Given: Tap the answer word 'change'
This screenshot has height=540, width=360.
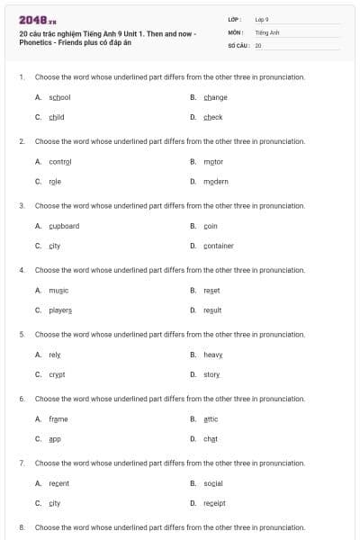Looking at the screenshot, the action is pyautogui.click(x=215, y=97).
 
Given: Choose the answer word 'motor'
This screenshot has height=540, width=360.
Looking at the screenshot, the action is pyautogui.click(x=213, y=162).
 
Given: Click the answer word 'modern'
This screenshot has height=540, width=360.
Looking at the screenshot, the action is pyautogui.click(x=216, y=181).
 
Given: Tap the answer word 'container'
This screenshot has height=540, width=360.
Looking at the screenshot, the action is pyautogui.click(x=219, y=246).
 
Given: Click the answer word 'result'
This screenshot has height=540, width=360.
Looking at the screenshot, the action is pyautogui.click(x=212, y=310).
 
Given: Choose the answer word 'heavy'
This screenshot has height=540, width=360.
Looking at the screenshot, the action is pyautogui.click(x=213, y=355).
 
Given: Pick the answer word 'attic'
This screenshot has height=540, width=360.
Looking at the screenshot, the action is pyautogui.click(x=211, y=418).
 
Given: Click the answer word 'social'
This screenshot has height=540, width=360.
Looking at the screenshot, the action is pyautogui.click(x=213, y=483).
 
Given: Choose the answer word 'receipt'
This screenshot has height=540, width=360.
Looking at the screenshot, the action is pyautogui.click(x=214, y=503).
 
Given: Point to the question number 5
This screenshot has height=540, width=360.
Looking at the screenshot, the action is pyautogui.click(x=21, y=334).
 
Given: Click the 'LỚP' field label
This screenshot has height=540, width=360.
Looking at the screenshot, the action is pyautogui.click(x=232, y=19).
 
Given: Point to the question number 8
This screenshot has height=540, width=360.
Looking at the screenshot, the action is pyautogui.click(x=21, y=526).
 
